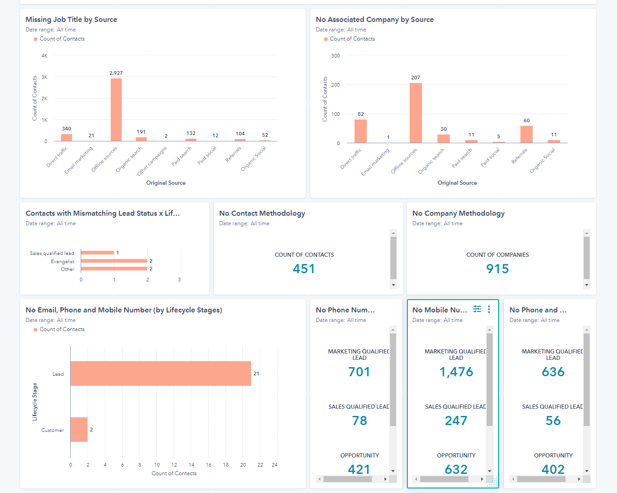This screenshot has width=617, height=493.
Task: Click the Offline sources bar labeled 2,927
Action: (x=116, y=109)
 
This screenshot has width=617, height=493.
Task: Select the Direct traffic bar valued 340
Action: (x=67, y=137)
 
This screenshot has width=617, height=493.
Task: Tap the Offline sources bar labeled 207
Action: (x=416, y=113)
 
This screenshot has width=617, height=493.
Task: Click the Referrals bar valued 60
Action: (x=526, y=135)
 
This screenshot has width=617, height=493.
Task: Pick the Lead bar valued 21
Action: (x=160, y=374)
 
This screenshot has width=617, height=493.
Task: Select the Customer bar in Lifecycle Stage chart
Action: (x=79, y=430)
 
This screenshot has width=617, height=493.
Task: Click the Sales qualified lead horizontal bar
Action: (x=97, y=253)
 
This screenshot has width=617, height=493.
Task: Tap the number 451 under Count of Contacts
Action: (x=304, y=269)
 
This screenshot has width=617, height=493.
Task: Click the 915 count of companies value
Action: (x=497, y=269)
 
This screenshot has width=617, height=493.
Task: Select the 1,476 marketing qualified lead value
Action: (x=456, y=372)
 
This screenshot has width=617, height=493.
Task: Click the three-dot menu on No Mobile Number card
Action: (x=489, y=309)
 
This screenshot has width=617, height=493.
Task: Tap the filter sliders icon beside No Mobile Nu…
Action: (x=477, y=309)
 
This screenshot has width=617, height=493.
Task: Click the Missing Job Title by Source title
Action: (x=72, y=20)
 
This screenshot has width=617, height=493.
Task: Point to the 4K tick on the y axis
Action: (x=44, y=56)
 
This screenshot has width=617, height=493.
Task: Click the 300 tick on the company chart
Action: (x=335, y=56)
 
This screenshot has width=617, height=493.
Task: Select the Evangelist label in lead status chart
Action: (x=62, y=261)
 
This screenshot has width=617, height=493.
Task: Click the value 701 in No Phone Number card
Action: (x=359, y=372)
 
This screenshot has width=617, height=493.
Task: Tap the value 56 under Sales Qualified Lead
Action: (x=553, y=420)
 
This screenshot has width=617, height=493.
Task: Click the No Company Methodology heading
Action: (x=458, y=213)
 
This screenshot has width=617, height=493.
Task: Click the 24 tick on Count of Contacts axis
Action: (x=274, y=465)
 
